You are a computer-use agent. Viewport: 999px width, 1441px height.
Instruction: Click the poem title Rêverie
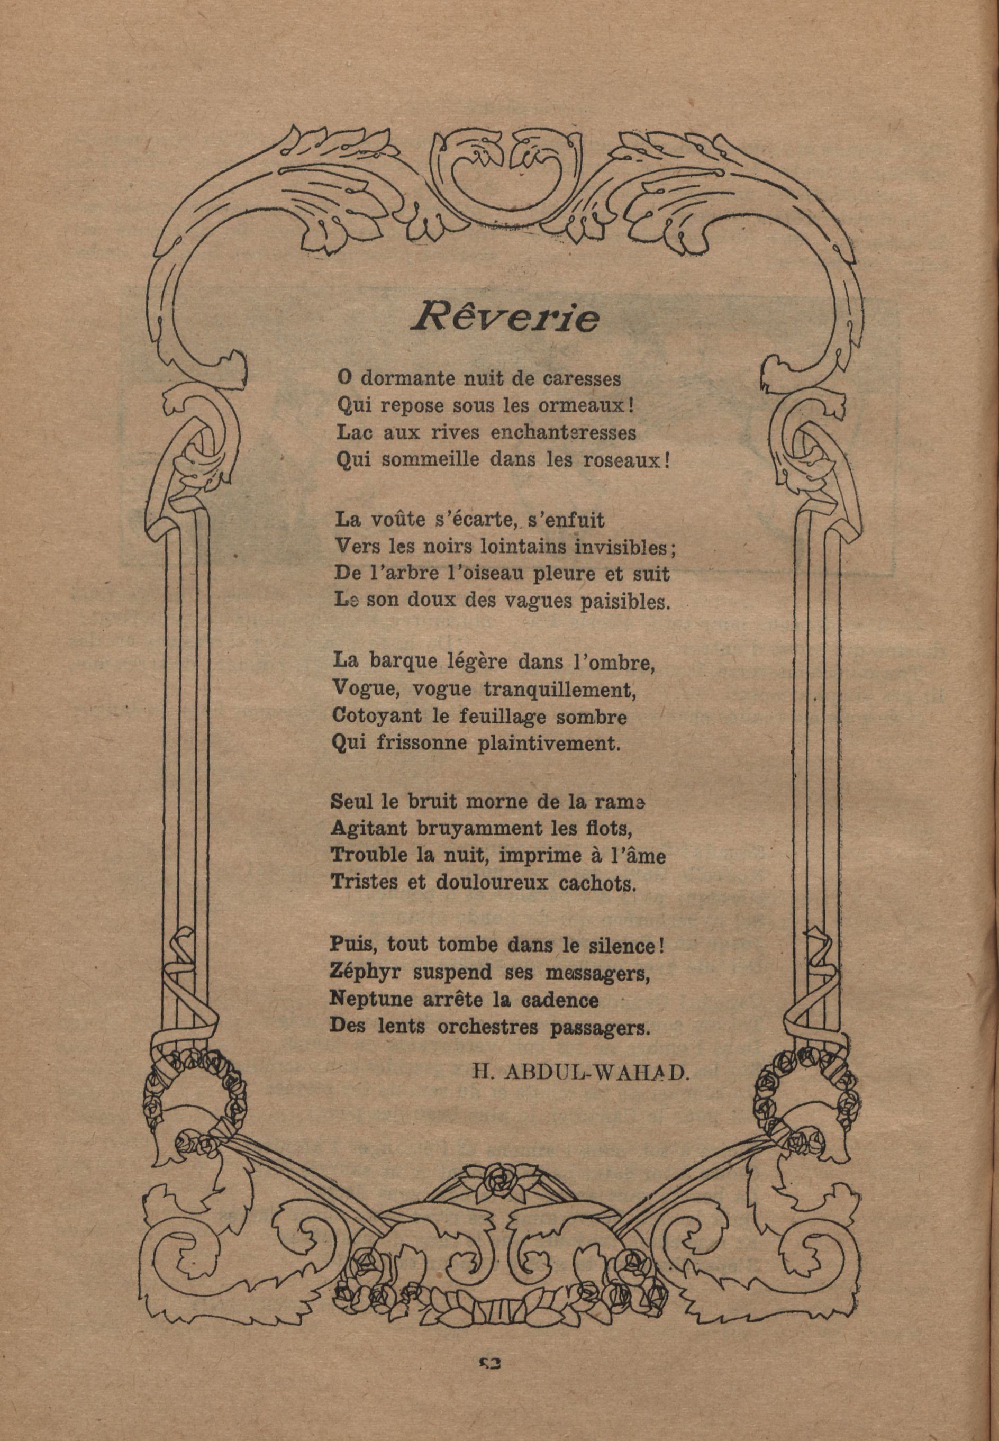[504, 317]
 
